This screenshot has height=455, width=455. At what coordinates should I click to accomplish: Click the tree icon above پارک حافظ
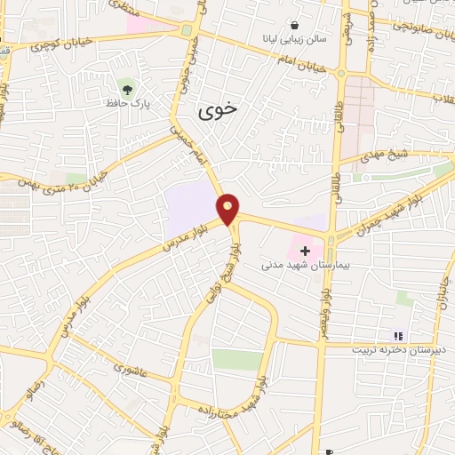126,89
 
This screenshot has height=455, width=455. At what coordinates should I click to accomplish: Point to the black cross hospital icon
307,251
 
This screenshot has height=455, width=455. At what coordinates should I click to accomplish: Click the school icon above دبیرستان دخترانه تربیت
399,336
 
